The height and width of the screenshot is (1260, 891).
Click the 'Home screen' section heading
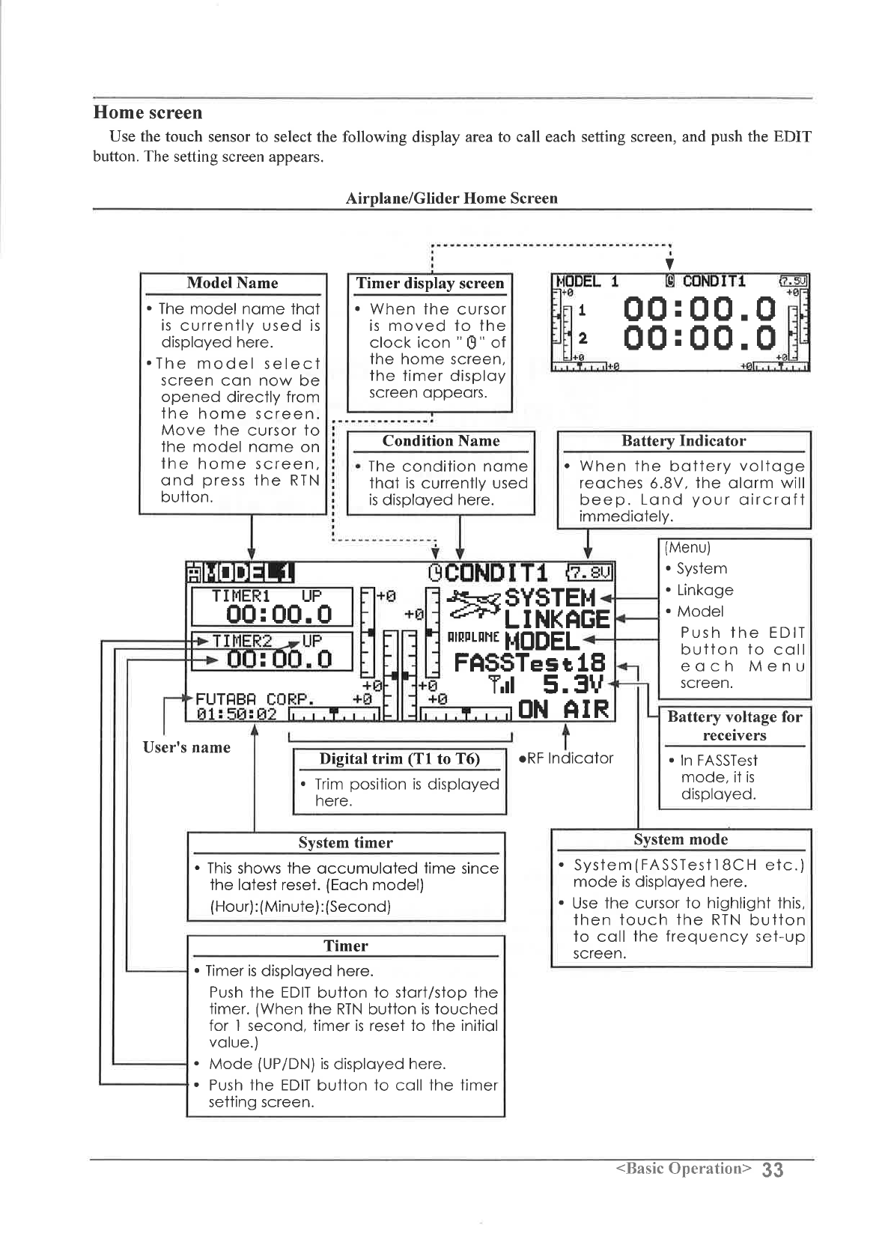(148, 113)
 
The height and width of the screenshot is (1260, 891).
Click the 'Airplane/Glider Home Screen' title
(451, 198)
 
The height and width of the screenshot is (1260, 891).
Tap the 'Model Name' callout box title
(232, 283)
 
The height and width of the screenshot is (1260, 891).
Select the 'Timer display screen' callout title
(430, 283)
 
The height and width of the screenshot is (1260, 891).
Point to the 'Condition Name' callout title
(440, 441)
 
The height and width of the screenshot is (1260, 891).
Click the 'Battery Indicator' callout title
(684, 441)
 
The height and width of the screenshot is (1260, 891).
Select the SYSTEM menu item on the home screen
(550, 597)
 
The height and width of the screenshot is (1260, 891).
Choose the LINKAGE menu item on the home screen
(557, 620)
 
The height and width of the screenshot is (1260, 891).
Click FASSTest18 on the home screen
(529, 663)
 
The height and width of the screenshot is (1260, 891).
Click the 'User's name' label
(186, 747)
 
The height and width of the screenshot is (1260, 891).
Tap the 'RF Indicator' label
(569, 758)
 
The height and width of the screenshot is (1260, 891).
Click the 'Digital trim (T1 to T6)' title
(399, 758)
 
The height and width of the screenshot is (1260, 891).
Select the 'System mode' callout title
(681, 839)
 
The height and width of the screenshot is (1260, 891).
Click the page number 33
(774, 1169)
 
